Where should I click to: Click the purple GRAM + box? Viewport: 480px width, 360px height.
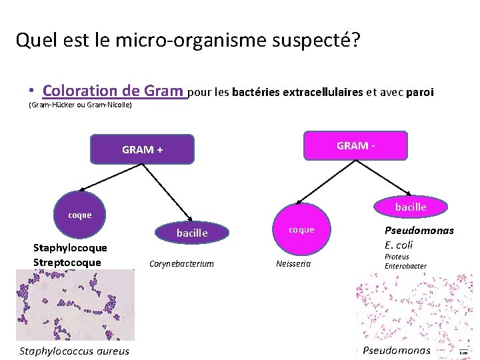click(x=142, y=149)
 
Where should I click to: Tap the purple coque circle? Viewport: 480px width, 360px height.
click(x=80, y=215)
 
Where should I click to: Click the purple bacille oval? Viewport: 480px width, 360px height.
click(x=192, y=233)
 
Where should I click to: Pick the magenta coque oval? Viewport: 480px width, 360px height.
click(x=301, y=229)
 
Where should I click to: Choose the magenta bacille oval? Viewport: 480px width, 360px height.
click(x=410, y=207)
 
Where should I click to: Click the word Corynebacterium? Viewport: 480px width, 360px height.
click(x=182, y=263)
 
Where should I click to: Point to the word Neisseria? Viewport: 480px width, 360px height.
click(x=293, y=263)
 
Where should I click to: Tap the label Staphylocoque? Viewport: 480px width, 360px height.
click(x=70, y=248)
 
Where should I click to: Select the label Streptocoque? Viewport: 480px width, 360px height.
click(x=67, y=262)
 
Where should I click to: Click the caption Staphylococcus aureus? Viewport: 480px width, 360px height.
click(x=75, y=351)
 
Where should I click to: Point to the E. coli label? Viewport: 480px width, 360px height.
click(x=399, y=245)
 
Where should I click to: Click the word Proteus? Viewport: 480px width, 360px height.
click(x=397, y=257)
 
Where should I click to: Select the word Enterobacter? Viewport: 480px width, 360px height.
click(x=405, y=266)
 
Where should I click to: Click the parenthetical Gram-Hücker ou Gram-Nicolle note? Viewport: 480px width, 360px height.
click(x=80, y=105)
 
